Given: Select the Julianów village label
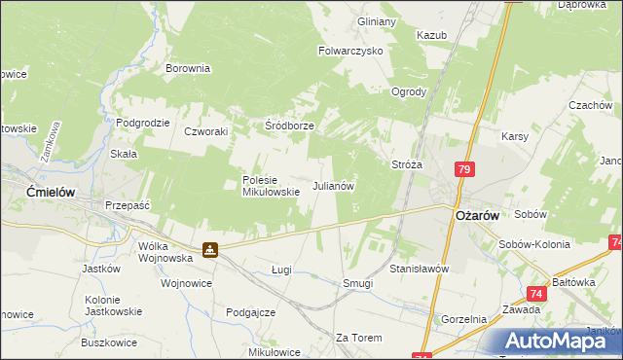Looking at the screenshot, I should click(332, 185).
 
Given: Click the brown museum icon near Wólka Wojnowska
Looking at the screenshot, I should click(209, 250).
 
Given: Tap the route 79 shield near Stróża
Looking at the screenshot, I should click(464, 170).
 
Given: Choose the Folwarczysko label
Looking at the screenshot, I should click(351, 50).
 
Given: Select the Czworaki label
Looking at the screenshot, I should click(205, 130).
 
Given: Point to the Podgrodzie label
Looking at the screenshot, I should click(143, 123).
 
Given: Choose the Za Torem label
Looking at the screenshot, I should click(359, 337).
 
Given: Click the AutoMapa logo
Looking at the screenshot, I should click(551, 341).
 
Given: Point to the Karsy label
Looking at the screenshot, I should click(514, 137).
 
